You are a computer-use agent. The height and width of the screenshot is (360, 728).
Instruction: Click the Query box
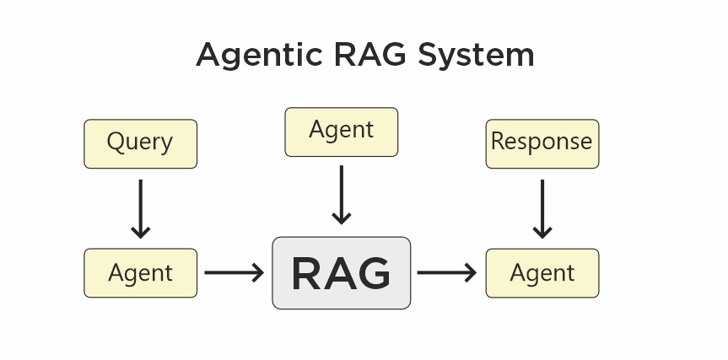coord(140,143)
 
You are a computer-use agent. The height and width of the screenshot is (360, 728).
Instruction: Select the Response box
coord(542,143)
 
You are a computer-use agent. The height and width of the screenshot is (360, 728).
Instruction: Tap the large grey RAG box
coord(341,273)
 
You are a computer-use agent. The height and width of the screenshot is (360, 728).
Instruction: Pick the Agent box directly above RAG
coord(341,132)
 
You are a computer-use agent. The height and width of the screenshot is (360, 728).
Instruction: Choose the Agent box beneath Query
coord(140,273)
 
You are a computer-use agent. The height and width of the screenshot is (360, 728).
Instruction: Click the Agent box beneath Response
coord(542,273)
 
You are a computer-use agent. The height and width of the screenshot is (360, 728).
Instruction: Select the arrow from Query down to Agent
coord(141,207)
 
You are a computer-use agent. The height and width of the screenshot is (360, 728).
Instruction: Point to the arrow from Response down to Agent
coord(542,207)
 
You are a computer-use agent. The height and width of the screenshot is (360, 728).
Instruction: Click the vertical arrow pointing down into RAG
coord(341,195)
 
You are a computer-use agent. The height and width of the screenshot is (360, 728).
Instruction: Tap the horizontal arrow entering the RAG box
coord(234,273)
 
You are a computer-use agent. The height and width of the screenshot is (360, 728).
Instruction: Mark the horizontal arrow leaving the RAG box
coord(446,273)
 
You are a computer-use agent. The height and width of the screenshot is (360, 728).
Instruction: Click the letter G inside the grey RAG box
coord(372,273)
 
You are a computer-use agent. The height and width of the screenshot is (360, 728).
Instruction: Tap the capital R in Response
coord(498,141)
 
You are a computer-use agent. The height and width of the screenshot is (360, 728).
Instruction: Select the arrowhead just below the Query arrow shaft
coord(141,232)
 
